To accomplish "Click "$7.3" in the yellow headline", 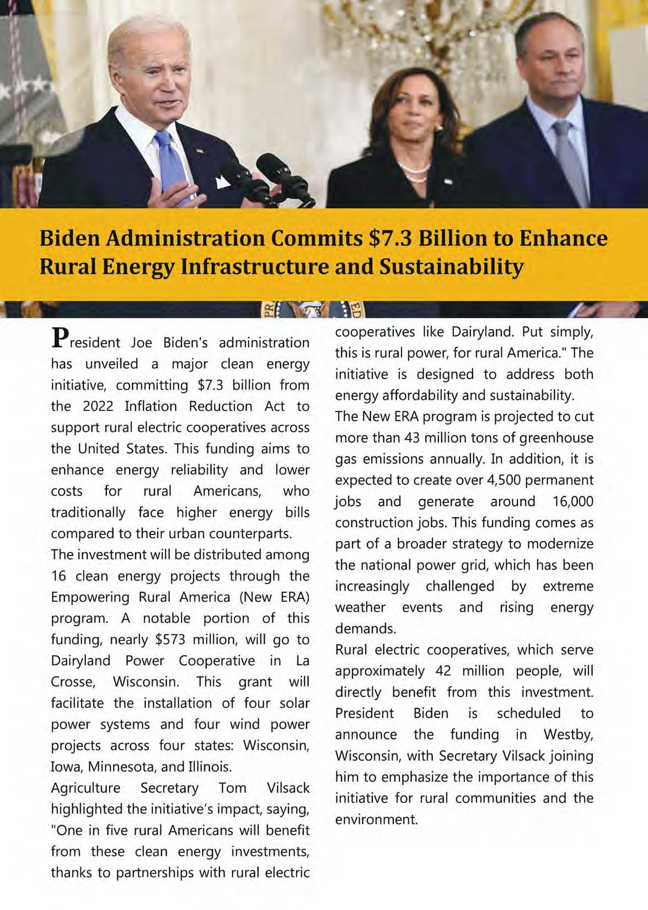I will click(389, 238).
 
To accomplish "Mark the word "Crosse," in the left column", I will click(73, 682).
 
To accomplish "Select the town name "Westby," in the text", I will click(568, 735).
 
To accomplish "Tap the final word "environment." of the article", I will click(377, 820).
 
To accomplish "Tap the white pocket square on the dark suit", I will click(224, 181).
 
